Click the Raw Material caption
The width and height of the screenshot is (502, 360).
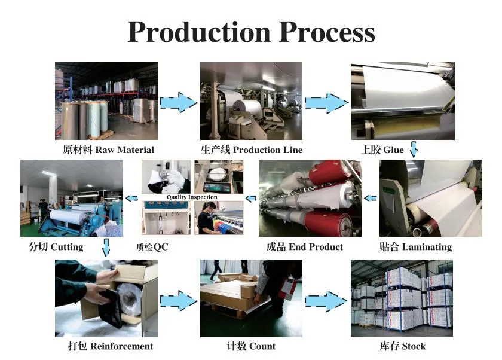108,150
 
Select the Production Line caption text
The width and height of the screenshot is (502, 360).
251,150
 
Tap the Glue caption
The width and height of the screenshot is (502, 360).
382,150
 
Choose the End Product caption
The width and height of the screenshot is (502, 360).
304,247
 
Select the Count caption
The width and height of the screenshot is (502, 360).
251,346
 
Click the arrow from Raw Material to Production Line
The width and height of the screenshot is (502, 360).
179,102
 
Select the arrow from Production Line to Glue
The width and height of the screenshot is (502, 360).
326,102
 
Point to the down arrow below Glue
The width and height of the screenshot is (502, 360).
413,150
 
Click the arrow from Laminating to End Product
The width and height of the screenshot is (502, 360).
371,198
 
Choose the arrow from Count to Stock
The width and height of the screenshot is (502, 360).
326,300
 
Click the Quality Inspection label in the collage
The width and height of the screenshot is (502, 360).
192,197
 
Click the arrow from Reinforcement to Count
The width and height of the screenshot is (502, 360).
179,300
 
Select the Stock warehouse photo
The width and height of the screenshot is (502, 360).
402,298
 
